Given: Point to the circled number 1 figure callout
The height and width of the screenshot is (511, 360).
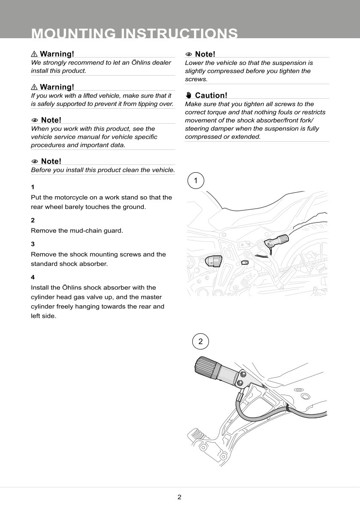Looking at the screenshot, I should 196,181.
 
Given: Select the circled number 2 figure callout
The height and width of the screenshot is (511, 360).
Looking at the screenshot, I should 200,342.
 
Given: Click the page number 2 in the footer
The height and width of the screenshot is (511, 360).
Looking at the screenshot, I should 179,497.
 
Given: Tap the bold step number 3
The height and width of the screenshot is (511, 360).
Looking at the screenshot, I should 33,244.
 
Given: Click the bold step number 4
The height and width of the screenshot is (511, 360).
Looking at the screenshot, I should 33,277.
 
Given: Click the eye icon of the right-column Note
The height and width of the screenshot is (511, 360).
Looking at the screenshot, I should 188,55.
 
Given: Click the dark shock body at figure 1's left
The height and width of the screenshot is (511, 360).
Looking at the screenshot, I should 213,261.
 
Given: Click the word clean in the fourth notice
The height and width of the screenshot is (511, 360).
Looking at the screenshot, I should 136,170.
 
